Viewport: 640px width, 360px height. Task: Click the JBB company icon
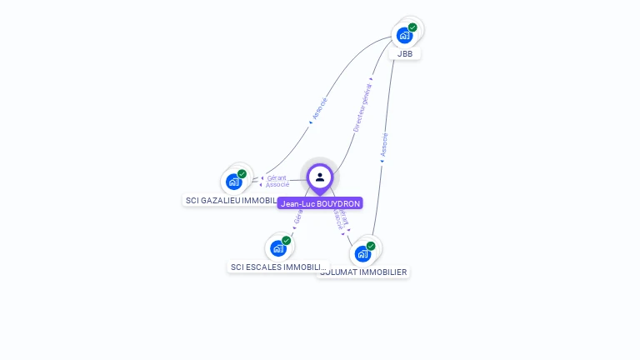click(x=404, y=35)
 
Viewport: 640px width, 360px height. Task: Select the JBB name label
click(x=405, y=53)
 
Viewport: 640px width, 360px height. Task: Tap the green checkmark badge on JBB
click(x=412, y=27)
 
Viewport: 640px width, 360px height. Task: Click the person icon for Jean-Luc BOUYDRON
click(x=320, y=177)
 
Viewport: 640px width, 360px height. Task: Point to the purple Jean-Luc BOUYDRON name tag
click(x=320, y=203)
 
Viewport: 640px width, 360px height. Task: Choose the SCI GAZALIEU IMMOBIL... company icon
click(x=234, y=181)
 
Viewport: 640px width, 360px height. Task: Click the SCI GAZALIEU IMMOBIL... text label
click(x=230, y=200)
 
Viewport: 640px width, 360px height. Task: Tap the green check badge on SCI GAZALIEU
click(x=242, y=174)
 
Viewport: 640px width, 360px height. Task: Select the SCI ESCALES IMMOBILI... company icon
click(x=278, y=247)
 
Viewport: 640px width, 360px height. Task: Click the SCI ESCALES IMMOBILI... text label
click(x=278, y=267)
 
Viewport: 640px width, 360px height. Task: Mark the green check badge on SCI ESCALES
click(x=286, y=241)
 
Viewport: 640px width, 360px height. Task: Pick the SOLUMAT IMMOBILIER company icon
click(x=362, y=253)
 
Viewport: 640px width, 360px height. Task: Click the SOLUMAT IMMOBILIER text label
click(x=363, y=272)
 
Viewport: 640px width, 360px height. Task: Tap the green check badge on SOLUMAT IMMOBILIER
click(x=371, y=246)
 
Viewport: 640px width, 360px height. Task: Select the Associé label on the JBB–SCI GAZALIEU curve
click(x=319, y=110)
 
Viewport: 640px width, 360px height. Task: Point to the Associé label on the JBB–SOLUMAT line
click(x=383, y=145)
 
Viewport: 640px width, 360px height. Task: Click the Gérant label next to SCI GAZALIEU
click(x=277, y=177)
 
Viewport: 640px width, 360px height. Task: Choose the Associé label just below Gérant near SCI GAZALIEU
click(x=277, y=184)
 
